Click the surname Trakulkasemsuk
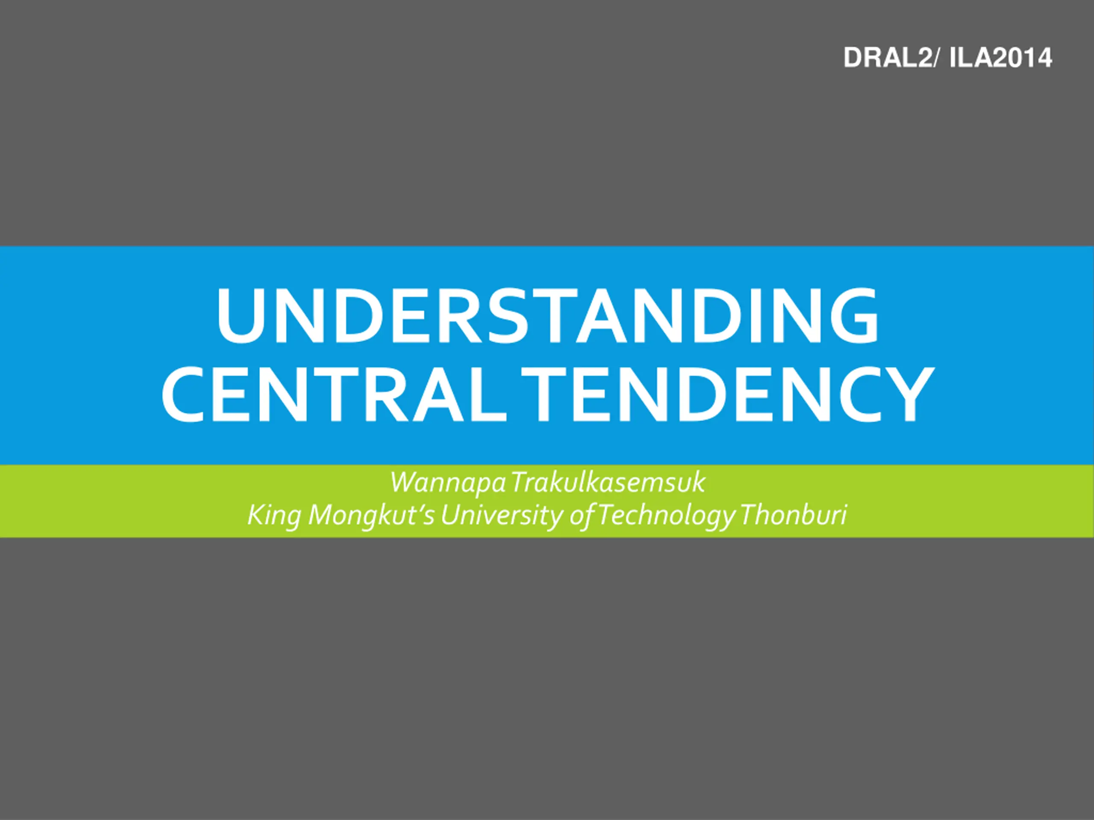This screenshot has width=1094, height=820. pyautogui.click(x=608, y=483)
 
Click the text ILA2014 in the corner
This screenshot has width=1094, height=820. pyautogui.click(x=1000, y=59)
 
